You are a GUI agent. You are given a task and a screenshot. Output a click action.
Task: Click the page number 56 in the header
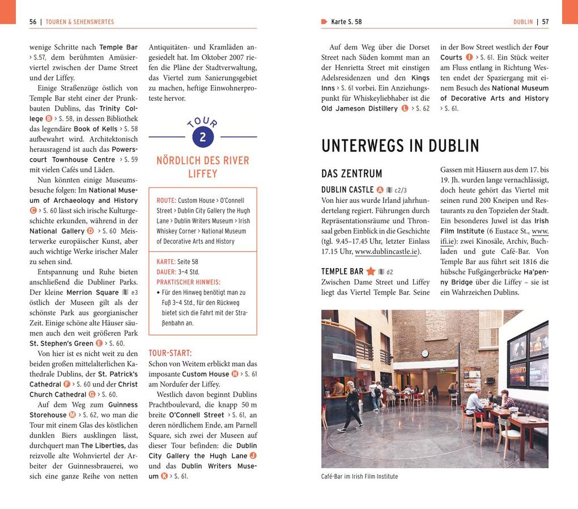coord(33,22)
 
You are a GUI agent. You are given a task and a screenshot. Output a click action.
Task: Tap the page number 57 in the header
coord(545,22)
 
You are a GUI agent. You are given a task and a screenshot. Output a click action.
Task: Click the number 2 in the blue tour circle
coord(202,137)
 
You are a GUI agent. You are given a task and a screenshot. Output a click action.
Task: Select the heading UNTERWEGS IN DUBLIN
coord(400,146)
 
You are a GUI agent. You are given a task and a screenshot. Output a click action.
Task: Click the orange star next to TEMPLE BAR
coord(371,272)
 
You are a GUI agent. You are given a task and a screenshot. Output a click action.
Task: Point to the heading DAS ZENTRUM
coord(351,174)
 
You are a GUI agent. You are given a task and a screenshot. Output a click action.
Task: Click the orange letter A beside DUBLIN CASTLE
coord(380,190)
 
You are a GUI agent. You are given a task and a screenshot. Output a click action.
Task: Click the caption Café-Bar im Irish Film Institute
coord(359,477)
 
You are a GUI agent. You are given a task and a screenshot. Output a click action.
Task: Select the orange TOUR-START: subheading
coord(170,353)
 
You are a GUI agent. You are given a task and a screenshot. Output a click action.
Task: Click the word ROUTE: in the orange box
coord(166,201)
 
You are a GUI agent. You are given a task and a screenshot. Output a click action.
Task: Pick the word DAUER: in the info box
coord(167,272)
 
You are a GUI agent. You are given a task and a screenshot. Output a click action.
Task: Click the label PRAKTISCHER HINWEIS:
coord(189,282)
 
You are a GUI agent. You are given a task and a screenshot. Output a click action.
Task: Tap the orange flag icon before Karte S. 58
coord(324,22)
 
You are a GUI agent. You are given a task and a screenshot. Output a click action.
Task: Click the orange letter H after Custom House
coord(235,374)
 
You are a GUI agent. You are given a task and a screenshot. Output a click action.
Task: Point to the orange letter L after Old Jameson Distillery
coord(405,108)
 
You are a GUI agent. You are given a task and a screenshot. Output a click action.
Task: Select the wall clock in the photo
coord(425,353)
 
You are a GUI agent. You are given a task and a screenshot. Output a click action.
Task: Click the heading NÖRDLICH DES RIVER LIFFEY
coord(202,167)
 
